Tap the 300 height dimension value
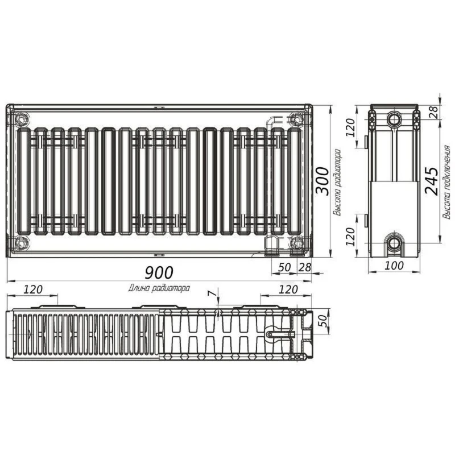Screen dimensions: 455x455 click(322, 181)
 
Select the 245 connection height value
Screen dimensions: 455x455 click(432, 181)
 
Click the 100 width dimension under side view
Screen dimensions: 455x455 click(394, 265)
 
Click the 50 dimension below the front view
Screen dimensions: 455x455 click(284, 267)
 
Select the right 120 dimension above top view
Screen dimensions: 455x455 click(288, 289)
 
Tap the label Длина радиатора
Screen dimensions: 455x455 click(159, 288)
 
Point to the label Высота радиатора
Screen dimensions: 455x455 click(337, 182)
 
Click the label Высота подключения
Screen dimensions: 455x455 click(446, 182)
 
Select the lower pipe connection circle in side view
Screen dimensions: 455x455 click(394, 243)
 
